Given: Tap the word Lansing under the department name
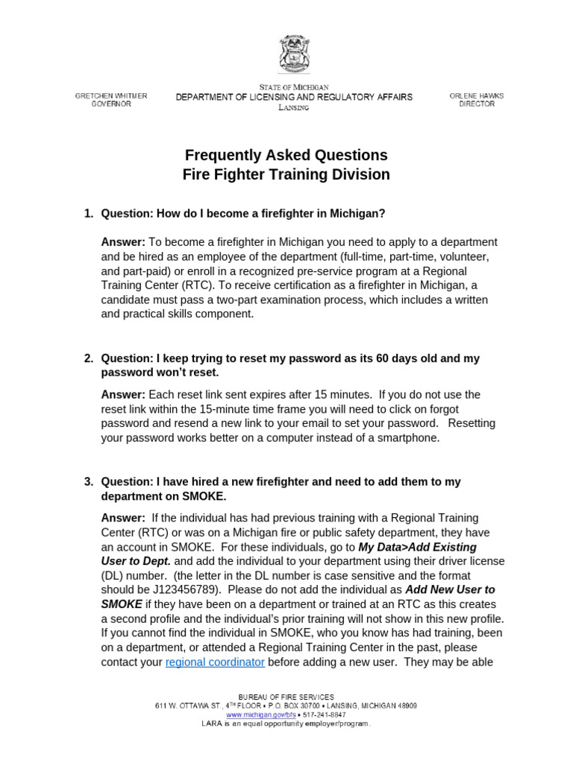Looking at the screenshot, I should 293,108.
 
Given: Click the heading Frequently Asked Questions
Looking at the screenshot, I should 286,155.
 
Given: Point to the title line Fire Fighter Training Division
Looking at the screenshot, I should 286,174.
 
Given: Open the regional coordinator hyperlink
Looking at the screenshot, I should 215,662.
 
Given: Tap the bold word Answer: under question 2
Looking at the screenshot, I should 123,394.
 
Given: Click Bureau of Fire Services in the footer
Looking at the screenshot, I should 286,697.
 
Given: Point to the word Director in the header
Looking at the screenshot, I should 477,104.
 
